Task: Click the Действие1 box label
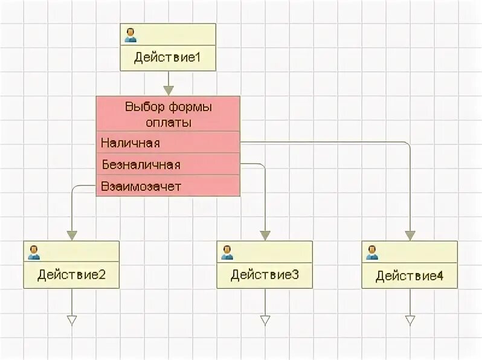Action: [x=167, y=59]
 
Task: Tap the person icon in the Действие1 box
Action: [x=130, y=35]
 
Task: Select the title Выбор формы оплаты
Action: [x=168, y=114]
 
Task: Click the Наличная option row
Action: [x=167, y=143]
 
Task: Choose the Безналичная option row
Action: [x=167, y=164]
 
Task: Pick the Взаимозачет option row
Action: [x=167, y=186]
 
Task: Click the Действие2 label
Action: [x=71, y=275]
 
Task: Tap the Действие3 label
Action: [x=265, y=275]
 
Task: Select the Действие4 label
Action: [x=410, y=276]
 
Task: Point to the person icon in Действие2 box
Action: [x=34, y=252]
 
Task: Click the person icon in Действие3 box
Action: [x=227, y=252]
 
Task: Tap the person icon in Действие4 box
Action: [x=372, y=252]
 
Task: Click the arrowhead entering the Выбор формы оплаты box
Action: [x=168, y=91]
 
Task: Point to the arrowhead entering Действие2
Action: [x=72, y=235]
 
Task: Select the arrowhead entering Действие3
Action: [x=265, y=235]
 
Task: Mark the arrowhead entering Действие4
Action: [x=410, y=235]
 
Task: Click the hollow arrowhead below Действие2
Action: [x=72, y=320]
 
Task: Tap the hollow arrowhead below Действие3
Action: [x=265, y=320]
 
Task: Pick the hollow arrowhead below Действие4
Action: [x=410, y=320]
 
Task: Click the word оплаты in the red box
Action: [x=168, y=122]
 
